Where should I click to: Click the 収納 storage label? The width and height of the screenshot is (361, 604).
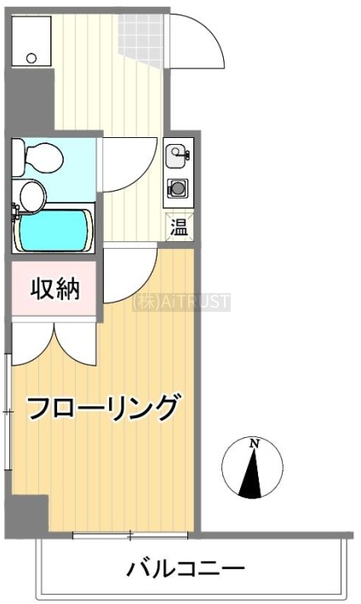[55, 289]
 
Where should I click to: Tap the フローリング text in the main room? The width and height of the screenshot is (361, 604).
[103, 407]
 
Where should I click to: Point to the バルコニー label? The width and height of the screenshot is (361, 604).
[186, 568]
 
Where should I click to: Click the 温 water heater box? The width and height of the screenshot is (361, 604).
[179, 227]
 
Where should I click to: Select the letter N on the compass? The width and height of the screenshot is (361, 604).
[254, 443]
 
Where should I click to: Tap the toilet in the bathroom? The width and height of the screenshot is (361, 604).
[37, 158]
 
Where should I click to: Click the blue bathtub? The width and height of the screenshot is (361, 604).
[54, 230]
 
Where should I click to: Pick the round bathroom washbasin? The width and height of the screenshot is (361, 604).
[32, 197]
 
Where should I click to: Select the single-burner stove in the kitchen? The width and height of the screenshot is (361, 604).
[177, 188]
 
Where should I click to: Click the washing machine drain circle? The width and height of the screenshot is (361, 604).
[32, 58]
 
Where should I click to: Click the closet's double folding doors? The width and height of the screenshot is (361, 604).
[54, 343]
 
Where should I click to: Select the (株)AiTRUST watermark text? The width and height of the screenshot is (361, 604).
[180, 302]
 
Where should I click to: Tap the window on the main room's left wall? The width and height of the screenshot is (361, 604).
[8, 411]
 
